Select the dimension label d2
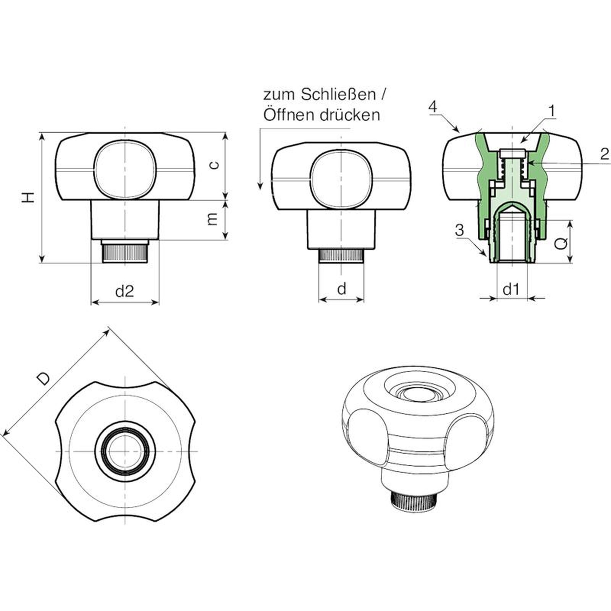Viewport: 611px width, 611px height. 124,291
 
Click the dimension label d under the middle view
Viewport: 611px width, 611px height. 342,289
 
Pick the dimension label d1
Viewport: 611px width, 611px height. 511,290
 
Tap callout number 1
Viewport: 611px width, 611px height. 551,111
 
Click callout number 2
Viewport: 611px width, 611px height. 605,154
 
